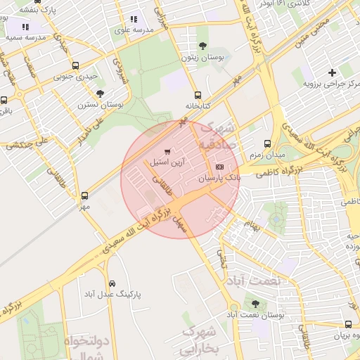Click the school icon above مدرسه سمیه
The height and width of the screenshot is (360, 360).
pyautogui.click(x=25, y=27)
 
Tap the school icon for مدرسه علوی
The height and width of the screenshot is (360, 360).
pyautogui.click(x=134, y=20)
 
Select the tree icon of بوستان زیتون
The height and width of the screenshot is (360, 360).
pyautogui.click(x=202, y=46)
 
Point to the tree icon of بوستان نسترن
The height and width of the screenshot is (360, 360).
pyautogui.click(x=101, y=93)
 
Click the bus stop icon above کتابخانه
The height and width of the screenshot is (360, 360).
pyautogui.click(x=198, y=95)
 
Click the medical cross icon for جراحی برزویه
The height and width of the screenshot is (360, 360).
pyautogui.click(x=332, y=72)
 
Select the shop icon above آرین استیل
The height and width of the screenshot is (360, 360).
pyautogui.click(x=167, y=151)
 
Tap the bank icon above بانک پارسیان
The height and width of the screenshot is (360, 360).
pyautogui.click(x=220, y=167)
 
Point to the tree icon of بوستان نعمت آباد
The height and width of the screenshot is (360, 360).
pyautogui.click(x=255, y=304)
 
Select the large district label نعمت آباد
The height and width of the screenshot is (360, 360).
pyautogui.click(x=258, y=280)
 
